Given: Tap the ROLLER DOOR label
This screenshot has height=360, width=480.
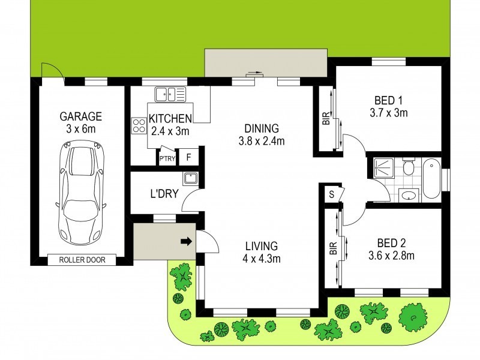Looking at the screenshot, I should (80, 260).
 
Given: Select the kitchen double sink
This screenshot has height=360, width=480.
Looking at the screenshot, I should (170, 94).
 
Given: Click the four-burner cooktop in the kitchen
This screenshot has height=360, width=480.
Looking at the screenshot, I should (139, 126).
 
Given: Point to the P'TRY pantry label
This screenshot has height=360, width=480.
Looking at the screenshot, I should (166, 158).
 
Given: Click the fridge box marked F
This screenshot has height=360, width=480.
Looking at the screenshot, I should (188, 158).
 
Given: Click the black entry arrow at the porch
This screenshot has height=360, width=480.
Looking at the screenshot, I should (186, 242).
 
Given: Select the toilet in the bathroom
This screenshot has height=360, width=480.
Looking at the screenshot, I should (409, 166).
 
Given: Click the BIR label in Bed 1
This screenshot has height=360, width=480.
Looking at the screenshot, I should (326, 120).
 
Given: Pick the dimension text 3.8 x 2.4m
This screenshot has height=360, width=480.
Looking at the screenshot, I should (262, 141).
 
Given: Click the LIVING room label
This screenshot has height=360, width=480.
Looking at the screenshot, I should (262, 246).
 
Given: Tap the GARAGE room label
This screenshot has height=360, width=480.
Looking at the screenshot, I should (81, 116).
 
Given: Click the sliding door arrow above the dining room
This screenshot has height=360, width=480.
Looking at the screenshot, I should (254, 74).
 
